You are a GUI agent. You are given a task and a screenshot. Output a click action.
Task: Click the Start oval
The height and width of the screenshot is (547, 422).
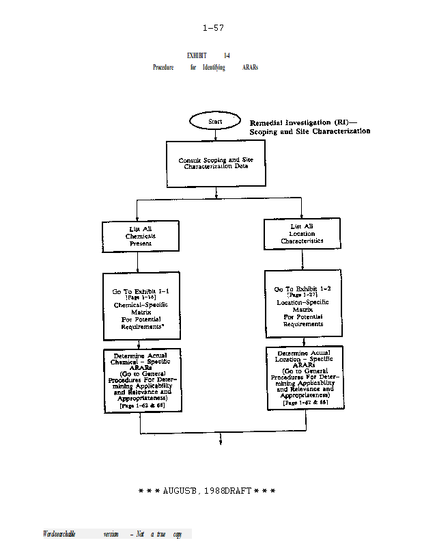pyautogui.click(x=215, y=121)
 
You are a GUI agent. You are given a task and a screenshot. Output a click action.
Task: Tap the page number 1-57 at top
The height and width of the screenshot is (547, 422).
pyautogui.click(x=213, y=28)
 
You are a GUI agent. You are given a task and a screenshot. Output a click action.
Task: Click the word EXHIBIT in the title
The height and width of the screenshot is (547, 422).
pyautogui.click(x=197, y=55)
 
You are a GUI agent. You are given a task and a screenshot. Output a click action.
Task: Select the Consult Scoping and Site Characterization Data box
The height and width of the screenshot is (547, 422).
pyautogui.click(x=216, y=163)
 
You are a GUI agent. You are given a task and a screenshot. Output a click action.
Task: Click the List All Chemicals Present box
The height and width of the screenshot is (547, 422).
pyautogui.click(x=141, y=236)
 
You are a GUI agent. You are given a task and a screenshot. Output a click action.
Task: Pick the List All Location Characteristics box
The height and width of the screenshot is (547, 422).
pyautogui.click(x=302, y=233)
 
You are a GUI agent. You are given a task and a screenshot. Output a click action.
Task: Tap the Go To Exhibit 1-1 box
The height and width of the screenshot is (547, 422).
pyautogui.click(x=142, y=305)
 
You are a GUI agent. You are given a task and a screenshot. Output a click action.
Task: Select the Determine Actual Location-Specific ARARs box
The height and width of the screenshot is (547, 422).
pyautogui.click(x=305, y=377)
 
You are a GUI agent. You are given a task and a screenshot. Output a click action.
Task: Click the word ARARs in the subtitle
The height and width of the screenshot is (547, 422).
pyautogui.click(x=250, y=68)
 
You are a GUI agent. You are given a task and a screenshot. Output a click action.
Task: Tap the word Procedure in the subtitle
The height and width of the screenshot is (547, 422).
pyautogui.click(x=163, y=68)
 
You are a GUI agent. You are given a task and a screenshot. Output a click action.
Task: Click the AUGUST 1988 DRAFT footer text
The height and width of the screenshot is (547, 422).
pyautogui.click(x=207, y=492)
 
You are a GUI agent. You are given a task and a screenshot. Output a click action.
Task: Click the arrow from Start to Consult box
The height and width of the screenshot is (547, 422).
pyautogui.click(x=215, y=135)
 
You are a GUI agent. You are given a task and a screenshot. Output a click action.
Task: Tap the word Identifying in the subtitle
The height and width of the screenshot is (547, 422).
pyautogui.click(x=214, y=68)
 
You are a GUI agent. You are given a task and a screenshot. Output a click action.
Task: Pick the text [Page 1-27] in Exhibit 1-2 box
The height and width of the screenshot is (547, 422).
pyautogui.click(x=303, y=295)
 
